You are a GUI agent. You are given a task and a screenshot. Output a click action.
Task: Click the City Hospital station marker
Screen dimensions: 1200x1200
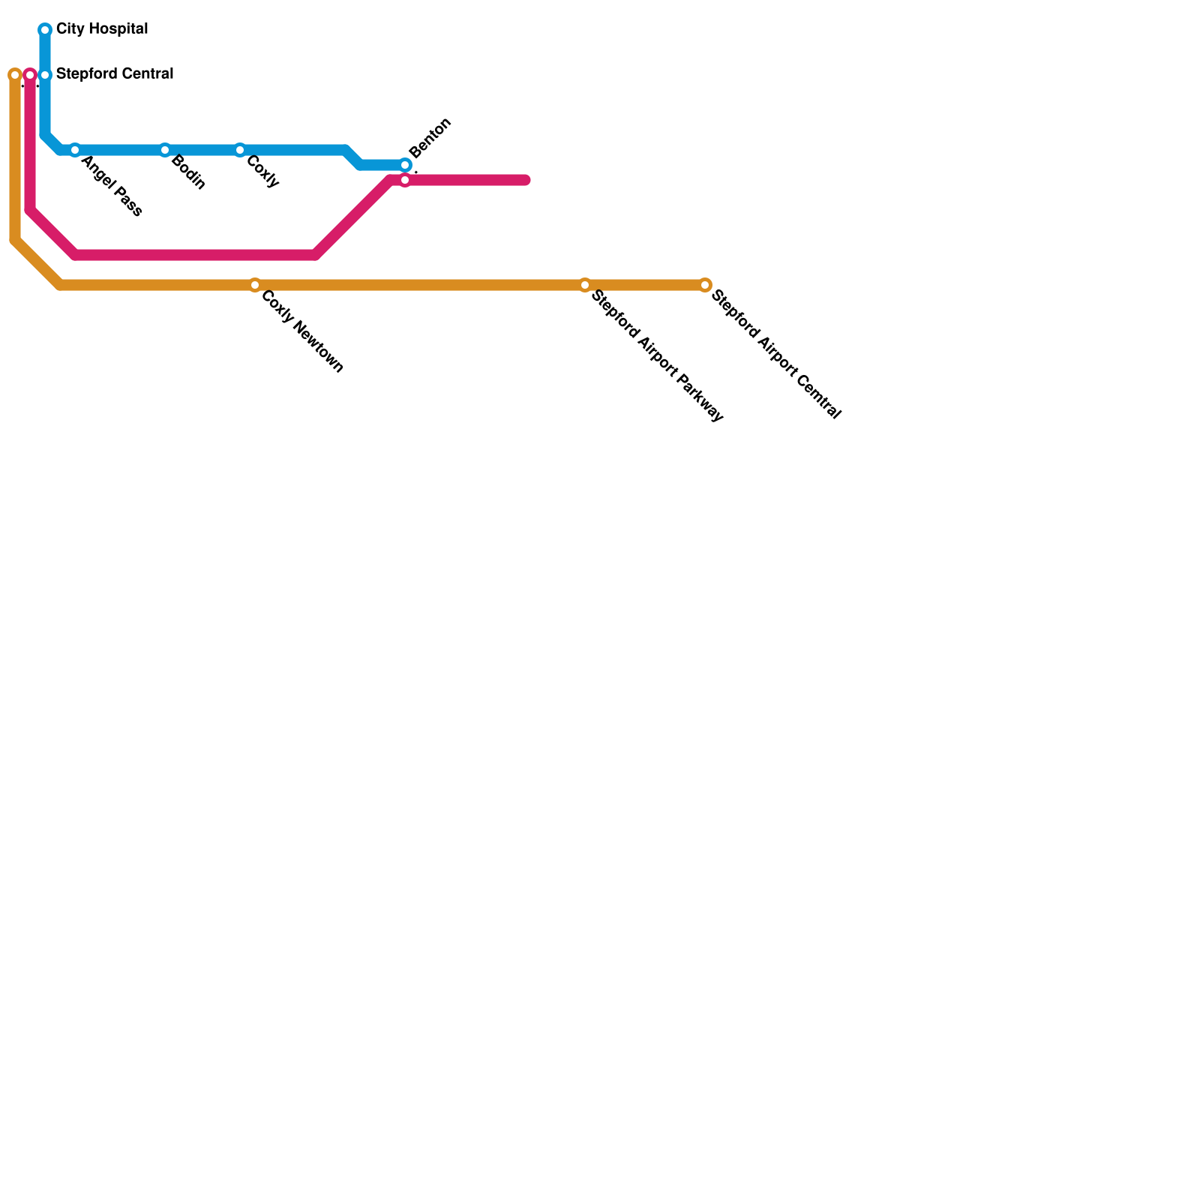pyautogui.click(x=45, y=30)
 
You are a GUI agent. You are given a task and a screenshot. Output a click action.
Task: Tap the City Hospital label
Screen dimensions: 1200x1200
pyautogui.click(x=102, y=30)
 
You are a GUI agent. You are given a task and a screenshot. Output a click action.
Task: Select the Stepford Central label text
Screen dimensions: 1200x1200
pyautogui.click(x=115, y=74)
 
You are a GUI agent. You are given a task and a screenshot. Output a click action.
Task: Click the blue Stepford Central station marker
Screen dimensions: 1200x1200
pyautogui.click(x=45, y=75)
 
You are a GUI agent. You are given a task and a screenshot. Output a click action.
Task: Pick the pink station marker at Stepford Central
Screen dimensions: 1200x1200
pyautogui.click(x=30, y=75)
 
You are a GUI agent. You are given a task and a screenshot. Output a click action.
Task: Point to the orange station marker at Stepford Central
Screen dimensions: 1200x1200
pyautogui.click(x=15, y=75)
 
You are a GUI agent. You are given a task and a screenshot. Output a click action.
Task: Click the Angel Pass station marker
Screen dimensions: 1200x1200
pyautogui.click(x=75, y=150)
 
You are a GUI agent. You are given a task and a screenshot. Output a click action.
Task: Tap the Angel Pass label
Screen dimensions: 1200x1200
pyautogui.click(x=111, y=186)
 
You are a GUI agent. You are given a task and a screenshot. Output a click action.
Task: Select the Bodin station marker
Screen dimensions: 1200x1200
pyautogui.click(x=165, y=150)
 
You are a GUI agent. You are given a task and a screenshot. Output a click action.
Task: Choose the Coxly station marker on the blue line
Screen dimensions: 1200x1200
pyautogui.click(x=240, y=150)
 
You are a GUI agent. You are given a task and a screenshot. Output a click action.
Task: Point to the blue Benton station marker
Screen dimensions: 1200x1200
pyautogui.click(x=405, y=165)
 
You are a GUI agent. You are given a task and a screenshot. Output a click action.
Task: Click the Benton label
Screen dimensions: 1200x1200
pyautogui.click(x=430, y=138)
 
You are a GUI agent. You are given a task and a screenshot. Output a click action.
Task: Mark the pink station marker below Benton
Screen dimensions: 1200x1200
pyautogui.click(x=405, y=180)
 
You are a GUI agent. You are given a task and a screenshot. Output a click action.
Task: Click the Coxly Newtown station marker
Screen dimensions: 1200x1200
pyautogui.click(x=255, y=285)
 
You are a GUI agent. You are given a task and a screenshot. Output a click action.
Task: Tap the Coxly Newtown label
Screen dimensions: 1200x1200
pyautogui.click(x=301, y=331)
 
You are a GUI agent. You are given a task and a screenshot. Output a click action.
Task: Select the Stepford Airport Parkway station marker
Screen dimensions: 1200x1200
pyautogui.click(x=585, y=285)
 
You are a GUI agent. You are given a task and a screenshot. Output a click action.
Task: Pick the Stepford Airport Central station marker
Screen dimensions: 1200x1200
pyautogui.click(x=705, y=285)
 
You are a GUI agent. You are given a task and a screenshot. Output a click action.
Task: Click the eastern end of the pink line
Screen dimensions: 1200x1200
pyautogui.click(x=526, y=180)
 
